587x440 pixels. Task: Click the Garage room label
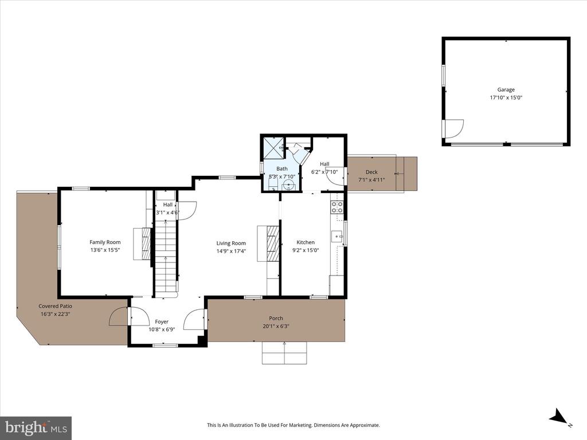click(x=506, y=89)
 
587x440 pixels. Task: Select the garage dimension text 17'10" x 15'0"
click(x=506, y=98)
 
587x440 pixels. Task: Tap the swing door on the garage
click(x=453, y=129)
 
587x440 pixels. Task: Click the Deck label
click(x=371, y=172)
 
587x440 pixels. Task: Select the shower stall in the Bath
click(x=272, y=147)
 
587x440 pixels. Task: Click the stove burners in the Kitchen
click(x=337, y=207)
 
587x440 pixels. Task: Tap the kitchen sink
click(x=336, y=235)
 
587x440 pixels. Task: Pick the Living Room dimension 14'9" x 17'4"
click(x=231, y=251)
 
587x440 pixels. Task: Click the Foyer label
click(x=162, y=321)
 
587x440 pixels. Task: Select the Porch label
click(x=276, y=319)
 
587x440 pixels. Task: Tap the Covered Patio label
click(x=54, y=306)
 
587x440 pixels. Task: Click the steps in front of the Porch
click(x=284, y=353)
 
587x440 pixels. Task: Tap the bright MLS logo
click(x=36, y=427)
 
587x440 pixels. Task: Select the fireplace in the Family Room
click(x=143, y=244)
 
